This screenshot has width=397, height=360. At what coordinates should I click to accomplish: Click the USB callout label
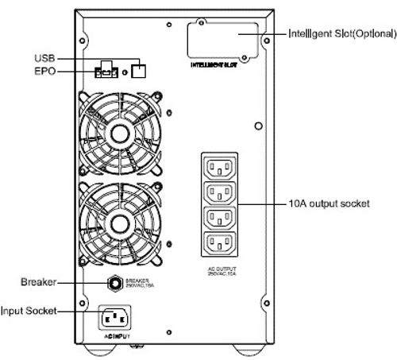tap(44, 58)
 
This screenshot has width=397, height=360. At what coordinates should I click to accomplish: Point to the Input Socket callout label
tap(29, 312)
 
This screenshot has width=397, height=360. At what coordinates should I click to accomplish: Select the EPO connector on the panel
tap(106, 72)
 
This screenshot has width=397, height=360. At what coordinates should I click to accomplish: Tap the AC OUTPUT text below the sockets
tap(221, 270)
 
